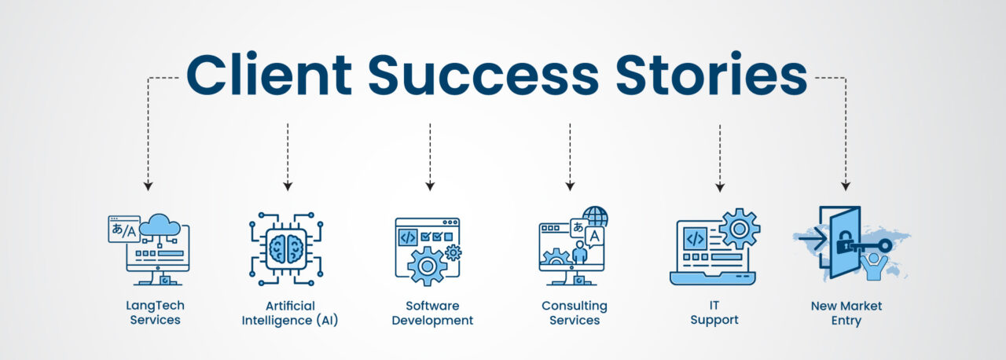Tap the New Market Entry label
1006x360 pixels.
click(x=846, y=313)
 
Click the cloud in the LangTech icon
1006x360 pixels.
click(x=160, y=226)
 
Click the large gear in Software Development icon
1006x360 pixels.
click(x=427, y=266)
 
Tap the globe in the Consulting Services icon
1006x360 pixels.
click(x=596, y=217)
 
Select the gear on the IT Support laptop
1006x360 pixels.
click(x=739, y=229)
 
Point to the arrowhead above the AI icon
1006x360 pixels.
click(x=288, y=186)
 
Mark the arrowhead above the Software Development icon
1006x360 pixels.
click(x=430, y=186)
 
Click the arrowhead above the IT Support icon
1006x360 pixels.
click(x=719, y=186)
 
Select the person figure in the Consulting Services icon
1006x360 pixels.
click(x=580, y=252)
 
